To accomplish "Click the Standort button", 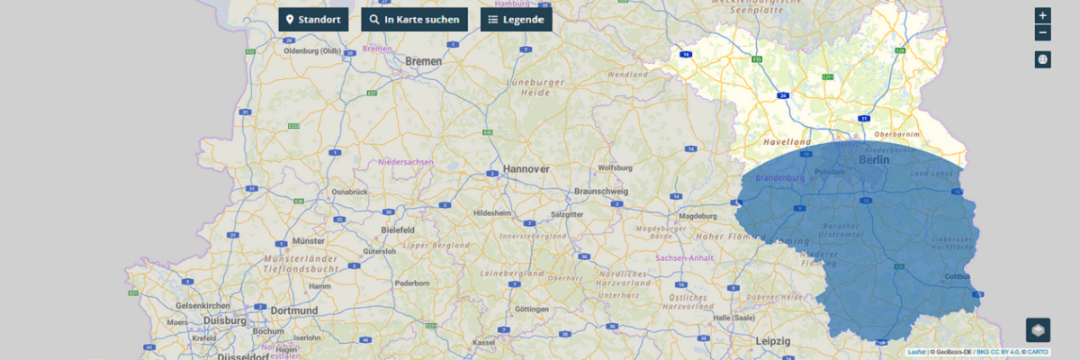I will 313,19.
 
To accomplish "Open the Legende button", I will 516,19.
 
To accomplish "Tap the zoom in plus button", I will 1042,15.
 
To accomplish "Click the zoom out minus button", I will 1042,33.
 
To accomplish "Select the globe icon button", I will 1042,59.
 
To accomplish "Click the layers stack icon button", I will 1038,330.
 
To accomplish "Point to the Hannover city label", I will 526,168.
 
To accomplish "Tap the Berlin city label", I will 873,159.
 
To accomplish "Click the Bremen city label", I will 424,61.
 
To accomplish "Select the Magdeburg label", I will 697,216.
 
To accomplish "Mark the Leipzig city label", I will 773,341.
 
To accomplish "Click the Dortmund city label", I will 293,310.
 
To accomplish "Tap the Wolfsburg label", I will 616,167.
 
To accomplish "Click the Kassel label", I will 483,343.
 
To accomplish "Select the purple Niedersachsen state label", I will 406,162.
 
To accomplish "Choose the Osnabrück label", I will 349,192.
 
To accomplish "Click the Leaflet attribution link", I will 916,352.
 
